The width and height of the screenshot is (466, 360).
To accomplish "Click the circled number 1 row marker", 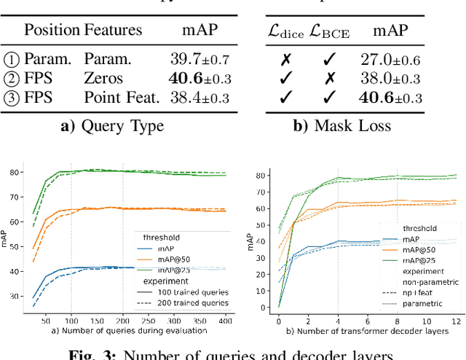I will pos(12,58).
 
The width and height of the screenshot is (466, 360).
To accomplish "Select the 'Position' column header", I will pos(52,30).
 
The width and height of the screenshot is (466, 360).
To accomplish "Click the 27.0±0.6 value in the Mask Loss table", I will pos(390,58).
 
